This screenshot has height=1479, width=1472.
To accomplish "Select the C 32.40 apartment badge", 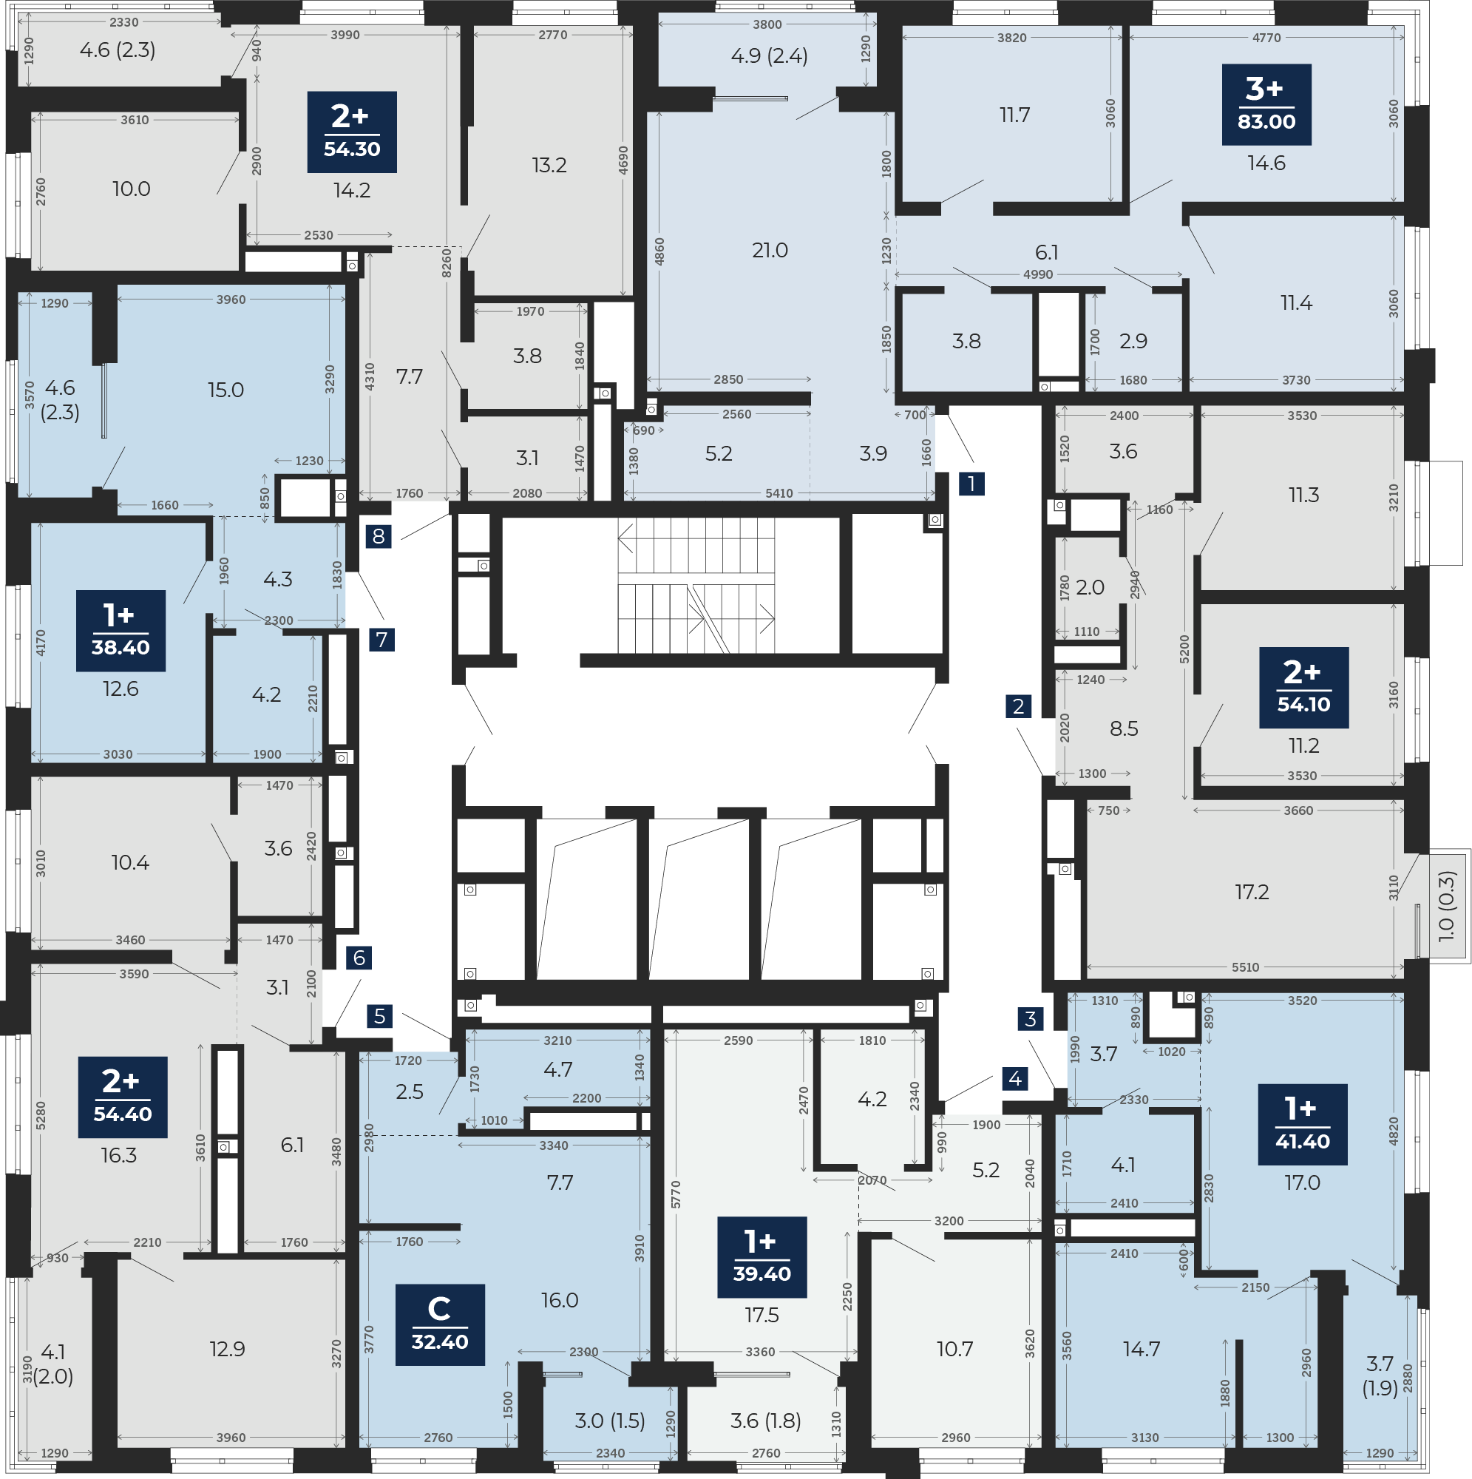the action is [x=439, y=1324].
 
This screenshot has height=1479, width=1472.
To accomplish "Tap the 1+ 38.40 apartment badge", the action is [x=121, y=631].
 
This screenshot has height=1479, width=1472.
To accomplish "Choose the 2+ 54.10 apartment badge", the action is [x=1303, y=688].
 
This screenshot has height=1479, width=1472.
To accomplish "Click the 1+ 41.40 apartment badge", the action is [x=1303, y=1125].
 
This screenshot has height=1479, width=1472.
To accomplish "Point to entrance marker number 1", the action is [x=971, y=484].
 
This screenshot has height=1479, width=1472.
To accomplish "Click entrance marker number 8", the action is [x=378, y=536].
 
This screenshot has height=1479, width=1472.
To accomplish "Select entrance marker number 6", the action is [x=359, y=958].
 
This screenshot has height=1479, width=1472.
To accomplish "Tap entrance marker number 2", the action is [x=1018, y=705].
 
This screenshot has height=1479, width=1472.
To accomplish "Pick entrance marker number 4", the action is [x=1015, y=1079].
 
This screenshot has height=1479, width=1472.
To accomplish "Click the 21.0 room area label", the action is [x=770, y=251].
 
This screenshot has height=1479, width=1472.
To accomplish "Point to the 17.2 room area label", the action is [x=1252, y=892].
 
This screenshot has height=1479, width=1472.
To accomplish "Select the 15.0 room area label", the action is [x=225, y=390].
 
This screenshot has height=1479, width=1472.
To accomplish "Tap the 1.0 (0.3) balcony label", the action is [x=1446, y=906].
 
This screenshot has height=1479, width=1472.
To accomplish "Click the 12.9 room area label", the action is [x=228, y=1349].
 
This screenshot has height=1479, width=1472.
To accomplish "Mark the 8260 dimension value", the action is [x=447, y=263].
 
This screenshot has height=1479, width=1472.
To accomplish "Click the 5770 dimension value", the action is [x=675, y=1195].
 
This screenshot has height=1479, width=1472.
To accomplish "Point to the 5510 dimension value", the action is [x=1246, y=967].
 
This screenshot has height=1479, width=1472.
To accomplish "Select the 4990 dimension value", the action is [x=1038, y=274].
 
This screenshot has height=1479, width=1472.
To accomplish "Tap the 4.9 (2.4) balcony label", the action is [x=770, y=56].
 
